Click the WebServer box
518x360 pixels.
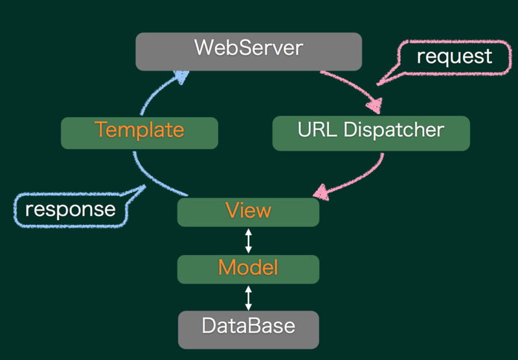pos(249,52)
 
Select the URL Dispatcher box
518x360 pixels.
pos(371,133)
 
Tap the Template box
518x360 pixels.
pos(139,133)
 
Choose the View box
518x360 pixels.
pos(249,212)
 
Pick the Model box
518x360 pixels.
pos(249,269)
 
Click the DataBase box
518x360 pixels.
pos(249,330)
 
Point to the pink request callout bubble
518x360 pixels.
pos(456,58)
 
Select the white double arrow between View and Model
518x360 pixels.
pos(249,241)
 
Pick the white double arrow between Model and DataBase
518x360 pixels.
pos(249,298)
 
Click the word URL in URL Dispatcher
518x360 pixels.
pos(317,129)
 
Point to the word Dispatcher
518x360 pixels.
pos(394,129)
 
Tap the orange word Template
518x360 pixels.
pos(139,129)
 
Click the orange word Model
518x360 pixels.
pos(248,267)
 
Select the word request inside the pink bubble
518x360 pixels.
pos(455,57)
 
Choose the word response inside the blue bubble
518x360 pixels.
pos(71,210)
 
